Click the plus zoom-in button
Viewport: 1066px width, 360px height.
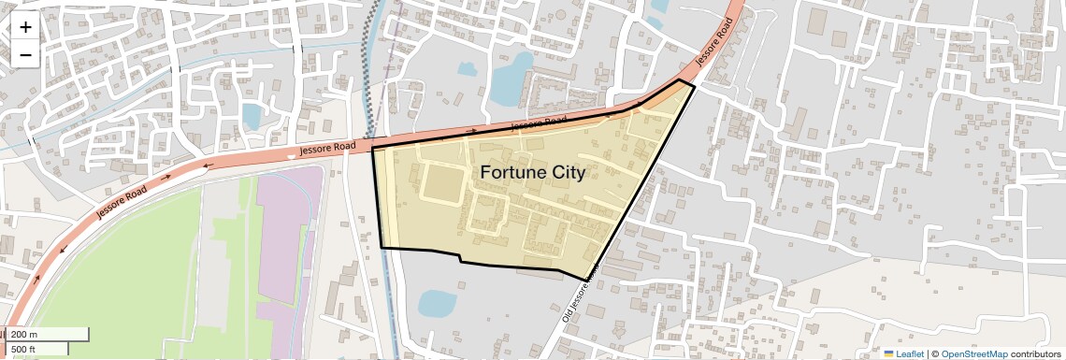pos(25,27)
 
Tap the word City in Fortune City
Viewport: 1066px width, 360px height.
pos(567,173)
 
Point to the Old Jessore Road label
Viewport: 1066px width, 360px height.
pos(581,297)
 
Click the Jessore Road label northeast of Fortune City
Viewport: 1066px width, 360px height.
pos(713,43)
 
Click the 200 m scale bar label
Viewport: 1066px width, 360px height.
pos(24,335)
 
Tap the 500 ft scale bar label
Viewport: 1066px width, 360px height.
pos(23,350)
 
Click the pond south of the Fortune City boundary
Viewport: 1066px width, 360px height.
pos(437,303)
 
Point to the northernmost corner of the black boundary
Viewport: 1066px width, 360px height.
pos(680,80)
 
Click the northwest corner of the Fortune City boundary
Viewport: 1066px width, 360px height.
pos(373,149)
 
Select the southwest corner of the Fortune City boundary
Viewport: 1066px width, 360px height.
pos(382,248)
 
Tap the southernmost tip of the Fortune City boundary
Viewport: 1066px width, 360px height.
pos(586,279)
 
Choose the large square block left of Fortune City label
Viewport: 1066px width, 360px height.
pos(442,182)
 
